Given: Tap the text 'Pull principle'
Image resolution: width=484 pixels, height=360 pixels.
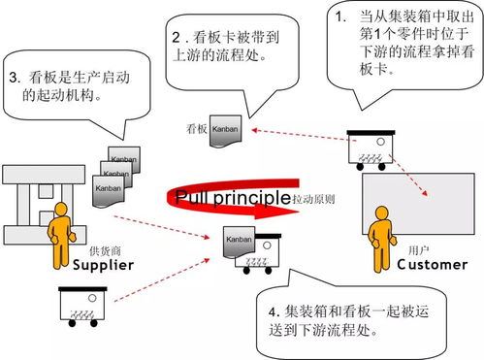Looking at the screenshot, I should coord(232,198).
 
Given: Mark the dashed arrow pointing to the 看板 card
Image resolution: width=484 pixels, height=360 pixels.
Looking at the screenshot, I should coord(296,134).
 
